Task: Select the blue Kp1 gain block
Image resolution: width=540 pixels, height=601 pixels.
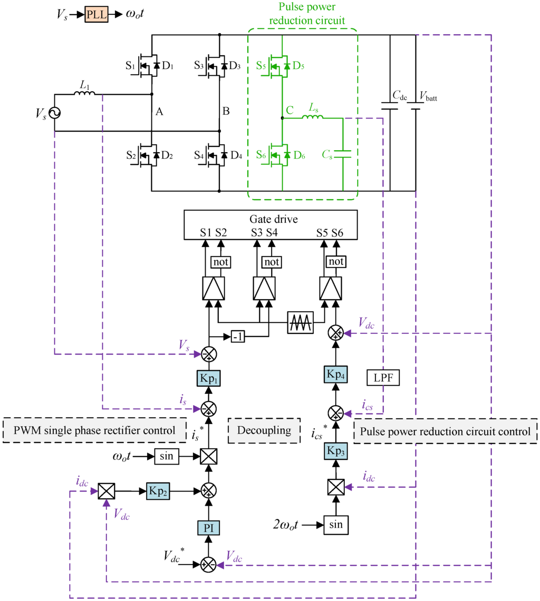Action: (210, 379)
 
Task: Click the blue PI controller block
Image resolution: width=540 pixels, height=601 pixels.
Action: (210, 528)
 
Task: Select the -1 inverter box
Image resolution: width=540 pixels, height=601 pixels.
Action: (237, 337)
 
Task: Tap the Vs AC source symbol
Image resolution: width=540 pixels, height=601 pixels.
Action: (54, 112)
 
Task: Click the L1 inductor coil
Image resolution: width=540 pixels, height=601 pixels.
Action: (84, 94)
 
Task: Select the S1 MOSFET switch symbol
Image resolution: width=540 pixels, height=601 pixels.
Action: (148, 66)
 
